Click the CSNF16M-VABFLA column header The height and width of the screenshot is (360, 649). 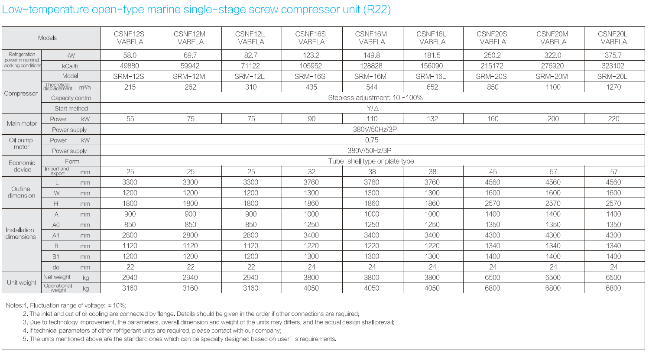coord(372,38)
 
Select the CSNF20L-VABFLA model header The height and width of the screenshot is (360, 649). coord(614,38)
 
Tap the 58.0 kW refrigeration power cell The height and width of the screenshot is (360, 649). coord(130,55)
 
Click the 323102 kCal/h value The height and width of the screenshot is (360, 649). coord(613,66)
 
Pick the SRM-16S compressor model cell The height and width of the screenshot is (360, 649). coord(312,76)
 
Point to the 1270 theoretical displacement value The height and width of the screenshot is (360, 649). coord(613,87)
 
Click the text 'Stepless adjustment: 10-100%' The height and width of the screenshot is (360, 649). coord(375,97)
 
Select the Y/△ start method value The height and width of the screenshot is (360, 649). coord(372,108)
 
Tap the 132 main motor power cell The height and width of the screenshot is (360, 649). coord(432,119)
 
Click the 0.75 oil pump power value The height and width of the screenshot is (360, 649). coord(371,140)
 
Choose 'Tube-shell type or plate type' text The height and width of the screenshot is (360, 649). coord(371,161)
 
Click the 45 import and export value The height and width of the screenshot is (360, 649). coord(493,172)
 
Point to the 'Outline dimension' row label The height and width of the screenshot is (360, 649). coord(21,192)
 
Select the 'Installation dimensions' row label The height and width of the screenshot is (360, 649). coord(20,234)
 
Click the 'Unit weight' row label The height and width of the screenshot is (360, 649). coord(22,283)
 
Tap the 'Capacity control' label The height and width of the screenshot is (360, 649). coord(71,98)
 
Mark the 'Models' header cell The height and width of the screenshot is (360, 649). coord(47,38)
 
